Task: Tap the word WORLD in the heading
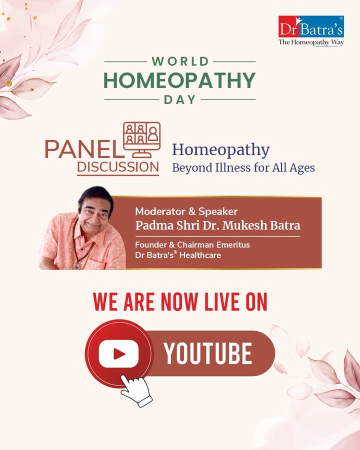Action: pos(180,61)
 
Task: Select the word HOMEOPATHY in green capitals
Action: pos(179,80)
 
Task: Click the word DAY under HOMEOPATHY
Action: pos(179,99)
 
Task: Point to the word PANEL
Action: pos(84,149)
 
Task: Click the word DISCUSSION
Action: pos(118,167)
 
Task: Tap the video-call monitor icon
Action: pos(142,139)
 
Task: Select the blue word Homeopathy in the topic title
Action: pos(221,150)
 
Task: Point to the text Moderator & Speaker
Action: pos(186,211)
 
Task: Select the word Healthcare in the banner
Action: pos(200,255)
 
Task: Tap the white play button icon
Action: pos(118,354)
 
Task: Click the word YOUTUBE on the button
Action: pos(208,353)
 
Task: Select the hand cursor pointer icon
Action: pos(136,390)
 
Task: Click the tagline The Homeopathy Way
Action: pos(311,42)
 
